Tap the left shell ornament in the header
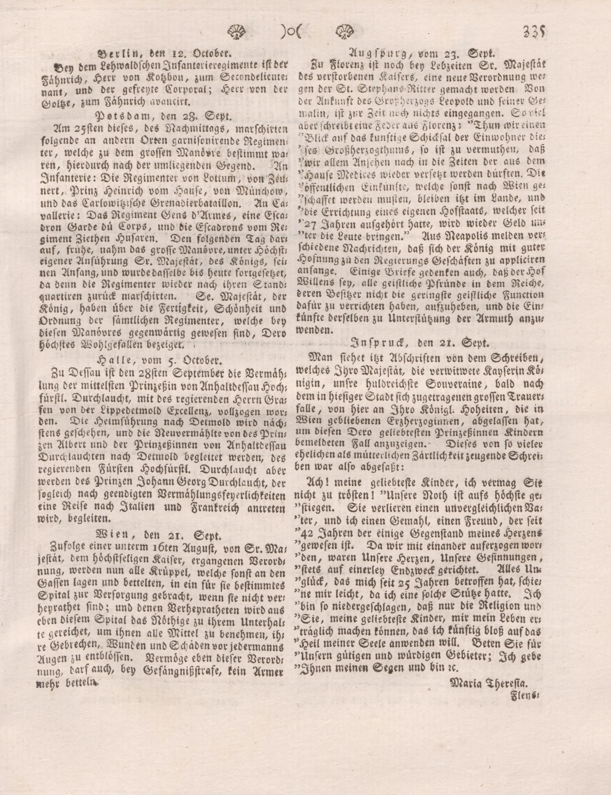[237, 32]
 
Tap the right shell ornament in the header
[344, 32]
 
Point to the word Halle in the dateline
[111, 360]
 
